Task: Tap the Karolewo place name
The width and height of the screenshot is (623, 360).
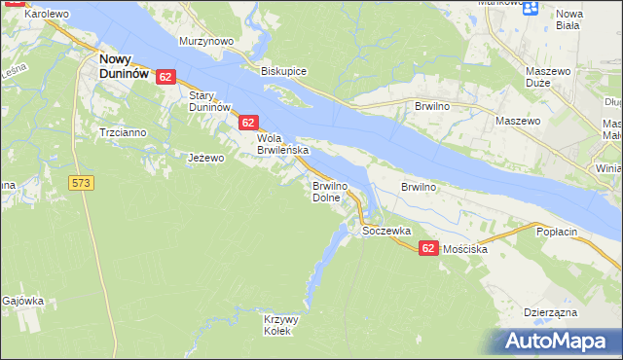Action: pos(46,15)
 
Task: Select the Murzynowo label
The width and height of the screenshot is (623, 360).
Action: pos(206,42)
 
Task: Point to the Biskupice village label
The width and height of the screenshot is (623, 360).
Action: pos(284,71)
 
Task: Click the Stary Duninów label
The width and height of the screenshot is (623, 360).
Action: pos(208,100)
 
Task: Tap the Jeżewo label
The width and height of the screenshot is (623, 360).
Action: pos(206,157)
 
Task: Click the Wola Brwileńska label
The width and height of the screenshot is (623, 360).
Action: pos(282,144)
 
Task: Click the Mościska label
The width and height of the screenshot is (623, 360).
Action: pos(464,249)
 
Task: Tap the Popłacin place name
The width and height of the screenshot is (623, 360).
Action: pos(558,232)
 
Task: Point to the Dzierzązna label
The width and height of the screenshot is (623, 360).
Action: pos(551,312)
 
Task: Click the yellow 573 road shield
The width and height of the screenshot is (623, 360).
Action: pos(81,182)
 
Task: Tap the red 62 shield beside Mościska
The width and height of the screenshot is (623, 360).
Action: pos(428,249)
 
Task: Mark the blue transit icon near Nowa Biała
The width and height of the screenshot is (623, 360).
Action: pos(531,9)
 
